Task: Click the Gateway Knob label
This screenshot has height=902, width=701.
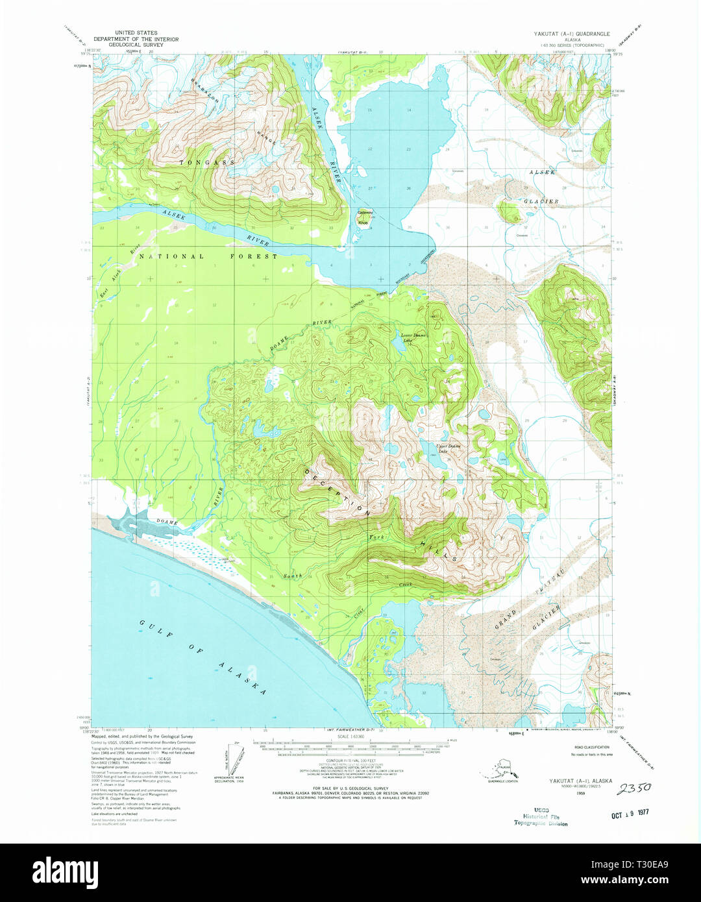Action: coord(365,217)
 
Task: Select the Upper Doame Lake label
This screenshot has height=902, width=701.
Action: coord(448,448)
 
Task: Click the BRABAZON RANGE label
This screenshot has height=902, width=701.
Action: coord(234,110)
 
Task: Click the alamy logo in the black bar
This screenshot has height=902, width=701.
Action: coord(65,871)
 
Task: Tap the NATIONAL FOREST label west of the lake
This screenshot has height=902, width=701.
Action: coord(208,256)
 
